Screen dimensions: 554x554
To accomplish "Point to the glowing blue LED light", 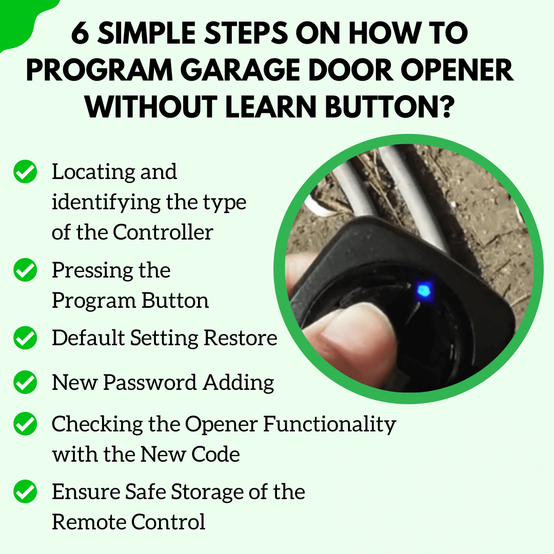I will coord(424,291).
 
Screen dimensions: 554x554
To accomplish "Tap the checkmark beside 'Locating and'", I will coord(25,172).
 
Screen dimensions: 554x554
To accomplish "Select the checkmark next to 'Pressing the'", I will coord(25,270).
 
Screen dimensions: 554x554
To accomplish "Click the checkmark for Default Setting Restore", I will coord(25,339).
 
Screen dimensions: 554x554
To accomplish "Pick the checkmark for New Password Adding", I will coord(25,383).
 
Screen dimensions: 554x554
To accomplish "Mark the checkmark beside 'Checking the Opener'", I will coord(25,424).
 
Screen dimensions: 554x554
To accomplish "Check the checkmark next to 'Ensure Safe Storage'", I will coord(25,492).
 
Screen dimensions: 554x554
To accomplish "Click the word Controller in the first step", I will coord(163,232).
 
